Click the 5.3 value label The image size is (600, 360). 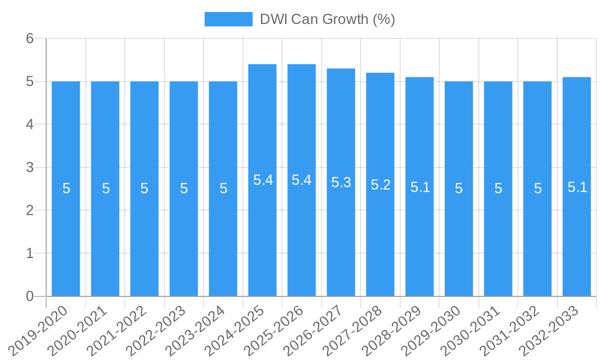[x=341, y=182]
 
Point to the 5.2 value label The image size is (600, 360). [x=380, y=185]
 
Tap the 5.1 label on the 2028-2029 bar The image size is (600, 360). [x=420, y=187]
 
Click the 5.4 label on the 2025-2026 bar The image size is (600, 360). [x=301, y=180]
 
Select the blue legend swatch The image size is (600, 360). [x=228, y=19]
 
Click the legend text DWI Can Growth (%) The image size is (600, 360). [x=327, y=19]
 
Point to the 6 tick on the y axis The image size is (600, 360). [x=29, y=38]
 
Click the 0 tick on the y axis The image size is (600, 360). [x=29, y=296]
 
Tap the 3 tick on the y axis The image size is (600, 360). [x=29, y=167]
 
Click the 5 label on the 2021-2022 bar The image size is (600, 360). [x=145, y=188]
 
